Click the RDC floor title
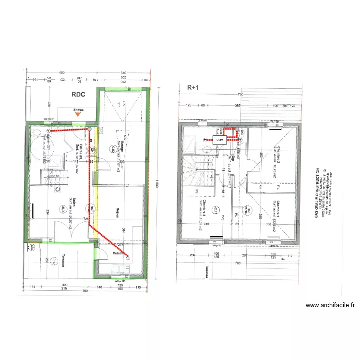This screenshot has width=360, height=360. tap(78, 95)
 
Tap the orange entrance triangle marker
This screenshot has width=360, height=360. tap(78, 116)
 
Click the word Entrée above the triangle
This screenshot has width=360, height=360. tap(78, 110)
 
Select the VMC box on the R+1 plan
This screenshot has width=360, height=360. tap(220, 140)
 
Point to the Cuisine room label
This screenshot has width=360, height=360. tap(120, 253)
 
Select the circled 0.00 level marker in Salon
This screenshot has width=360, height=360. tap(62, 209)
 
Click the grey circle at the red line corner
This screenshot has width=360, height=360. tap(89, 129)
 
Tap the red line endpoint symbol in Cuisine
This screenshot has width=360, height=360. tap(128, 258)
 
